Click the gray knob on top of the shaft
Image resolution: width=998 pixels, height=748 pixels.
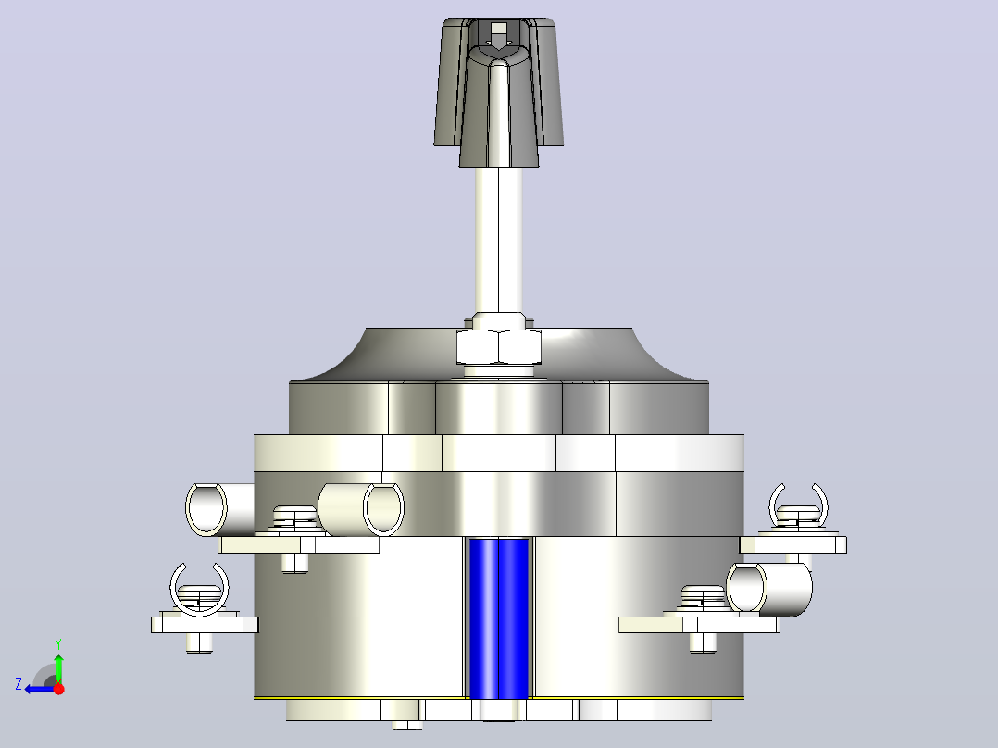pyautogui.click(x=498, y=93)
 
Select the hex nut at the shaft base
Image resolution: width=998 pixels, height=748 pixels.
pyautogui.click(x=498, y=347)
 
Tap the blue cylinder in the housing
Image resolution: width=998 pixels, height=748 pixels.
pyautogui.click(x=498, y=618)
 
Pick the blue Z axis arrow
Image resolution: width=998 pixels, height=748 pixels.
pyautogui.click(x=40, y=689)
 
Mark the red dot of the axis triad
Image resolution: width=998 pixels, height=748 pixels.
pyautogui.click(x=59, y=689)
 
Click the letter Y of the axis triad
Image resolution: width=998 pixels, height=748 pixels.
pyautogui.click(x=58, y=644)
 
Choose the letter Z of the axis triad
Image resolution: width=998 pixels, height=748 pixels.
pyautogui.click(x=19, y=684)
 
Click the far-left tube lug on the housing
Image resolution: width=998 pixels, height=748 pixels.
pyautogui.click(x=218, y=509)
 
